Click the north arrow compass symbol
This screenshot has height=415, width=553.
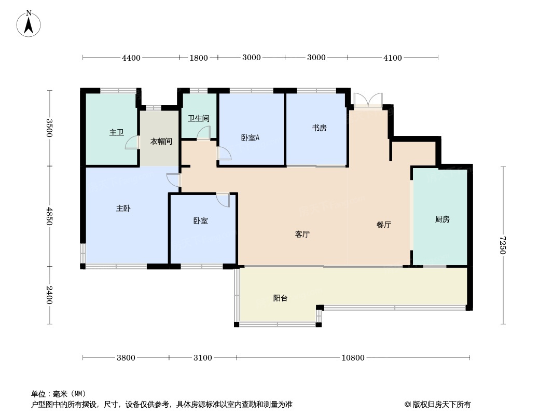[29, 24]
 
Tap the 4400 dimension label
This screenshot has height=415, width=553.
[131, 58]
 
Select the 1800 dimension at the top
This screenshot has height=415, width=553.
[199, 58]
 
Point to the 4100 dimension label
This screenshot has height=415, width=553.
[393, 58]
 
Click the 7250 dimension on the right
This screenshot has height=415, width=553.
[503, 245]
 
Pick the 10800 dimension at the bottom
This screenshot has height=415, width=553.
[353, 358]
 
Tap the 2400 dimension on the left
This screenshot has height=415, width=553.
[49, 295]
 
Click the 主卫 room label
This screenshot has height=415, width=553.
[116, 133]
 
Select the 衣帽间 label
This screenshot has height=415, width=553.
[161, 142]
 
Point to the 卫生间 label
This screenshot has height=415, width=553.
[199, 118]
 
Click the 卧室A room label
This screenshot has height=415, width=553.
[250, 138]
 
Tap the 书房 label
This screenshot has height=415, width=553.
[319, 128]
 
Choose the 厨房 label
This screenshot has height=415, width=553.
[443, 219]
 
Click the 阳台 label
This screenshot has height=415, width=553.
[280, 298]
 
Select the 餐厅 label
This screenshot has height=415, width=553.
[384, 225]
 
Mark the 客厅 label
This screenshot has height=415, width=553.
[302, 234]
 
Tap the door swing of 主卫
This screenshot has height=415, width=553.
[132, 143]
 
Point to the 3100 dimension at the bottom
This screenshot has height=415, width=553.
[203, 358]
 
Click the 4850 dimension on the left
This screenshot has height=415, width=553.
[49, 216]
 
